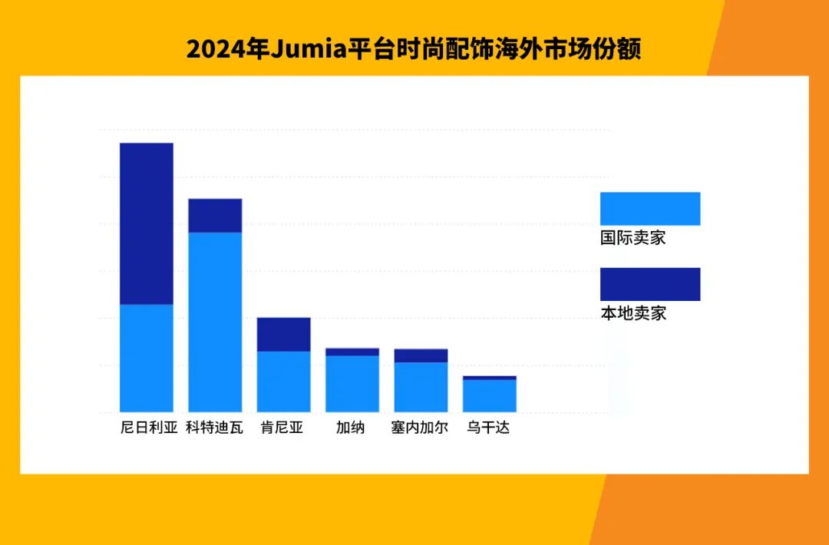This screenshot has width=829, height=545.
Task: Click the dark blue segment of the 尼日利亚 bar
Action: pos(146,223)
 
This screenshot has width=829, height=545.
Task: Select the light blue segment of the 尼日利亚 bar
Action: pos(146,358)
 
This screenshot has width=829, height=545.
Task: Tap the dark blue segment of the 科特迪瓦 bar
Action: pos(215,215)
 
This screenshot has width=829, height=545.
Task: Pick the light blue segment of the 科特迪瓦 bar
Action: pos(215,322)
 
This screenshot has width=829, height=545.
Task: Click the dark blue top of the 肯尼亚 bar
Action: pos(283,334)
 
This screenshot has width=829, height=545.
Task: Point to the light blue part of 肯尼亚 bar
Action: pos(283,381)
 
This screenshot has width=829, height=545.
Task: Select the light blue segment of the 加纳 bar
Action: pos(352,384)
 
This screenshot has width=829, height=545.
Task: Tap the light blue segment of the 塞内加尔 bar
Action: pos(421,387)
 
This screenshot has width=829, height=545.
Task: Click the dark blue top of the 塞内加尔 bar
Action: pos(421,355)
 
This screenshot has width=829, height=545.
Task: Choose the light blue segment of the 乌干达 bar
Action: pos(489,395)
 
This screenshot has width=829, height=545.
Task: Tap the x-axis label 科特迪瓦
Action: pos(214,428)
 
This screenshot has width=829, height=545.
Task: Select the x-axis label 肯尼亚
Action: pos(282,428)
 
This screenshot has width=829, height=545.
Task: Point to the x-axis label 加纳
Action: pos(350,428)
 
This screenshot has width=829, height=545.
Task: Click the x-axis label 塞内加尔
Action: pos(419,428)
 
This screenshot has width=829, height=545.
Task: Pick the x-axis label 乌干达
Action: pos(488,428)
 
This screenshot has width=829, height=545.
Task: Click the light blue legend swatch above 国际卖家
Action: pos(649,208)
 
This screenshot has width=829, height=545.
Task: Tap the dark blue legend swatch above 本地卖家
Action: pos(649,284)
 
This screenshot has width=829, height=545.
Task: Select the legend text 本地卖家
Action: pos(632,313)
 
